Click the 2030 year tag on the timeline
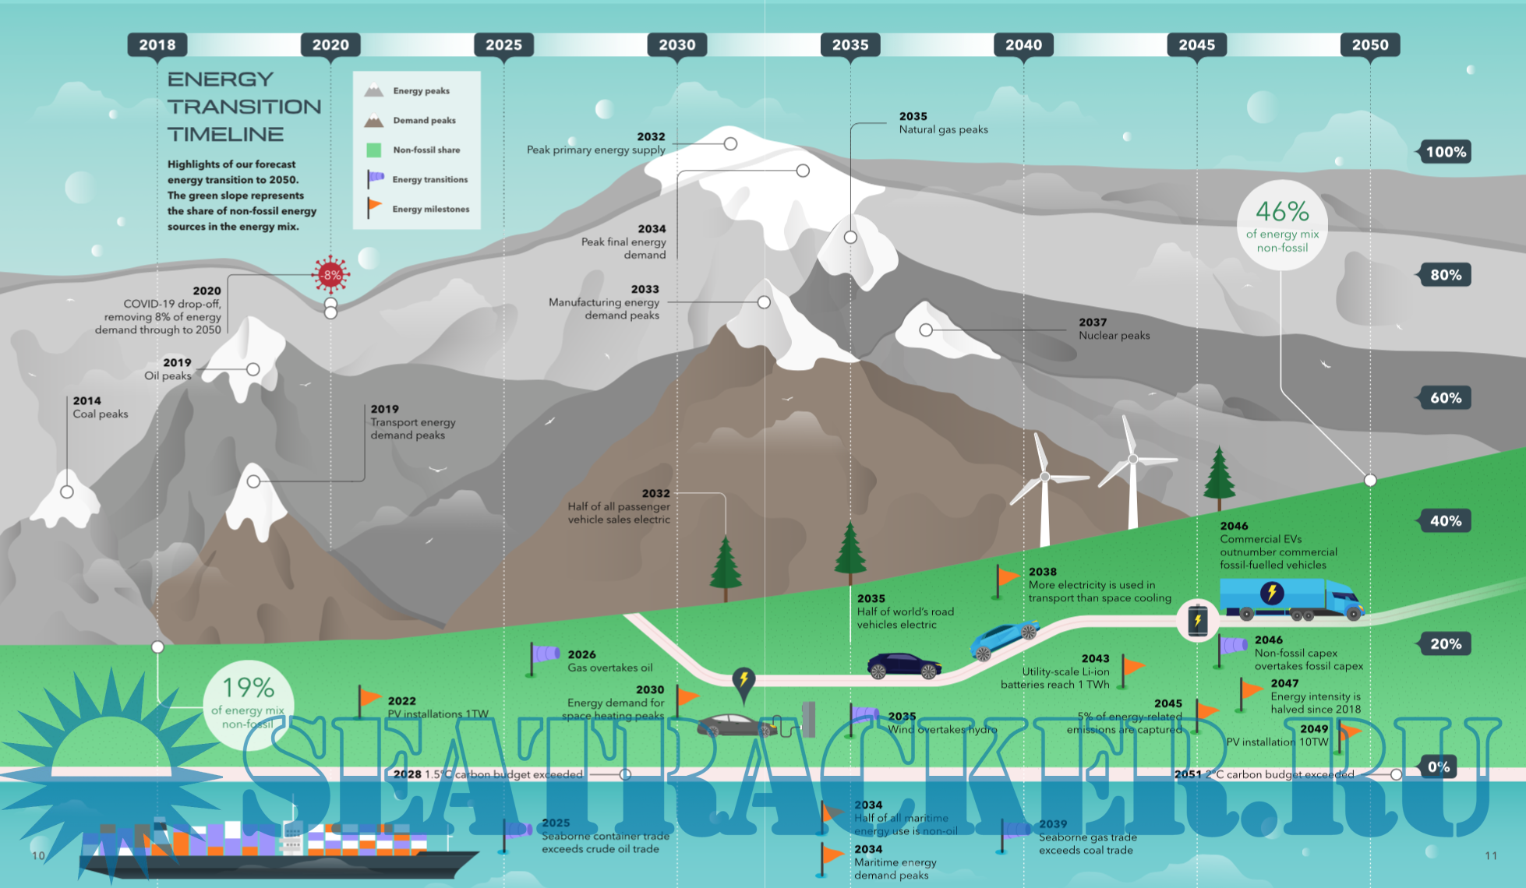(x=676, y=45)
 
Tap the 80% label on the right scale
(x=1445, y=275)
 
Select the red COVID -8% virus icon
(x=331, y=274)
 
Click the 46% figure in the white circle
(x=1282, y=212)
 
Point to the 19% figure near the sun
(x=248, y=688)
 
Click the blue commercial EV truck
(x=1290, y=599)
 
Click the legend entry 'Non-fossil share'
(x=426, y=150)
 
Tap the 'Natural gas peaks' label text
(x=943, y=130)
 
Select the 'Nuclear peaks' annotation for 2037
(x=1114, y=329)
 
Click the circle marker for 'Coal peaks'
(x=67, y=492)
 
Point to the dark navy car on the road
(x=904, y=667)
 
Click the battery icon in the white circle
(x=1198, y=620)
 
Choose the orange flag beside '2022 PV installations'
(x=369, y=698)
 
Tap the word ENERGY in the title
(x=221, y=79)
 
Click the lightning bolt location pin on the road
(x=744, y=681)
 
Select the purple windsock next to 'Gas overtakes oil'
(x=545, y=654)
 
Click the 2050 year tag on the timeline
(x=1369, y=45)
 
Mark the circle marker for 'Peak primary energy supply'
(x=730, y=144)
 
